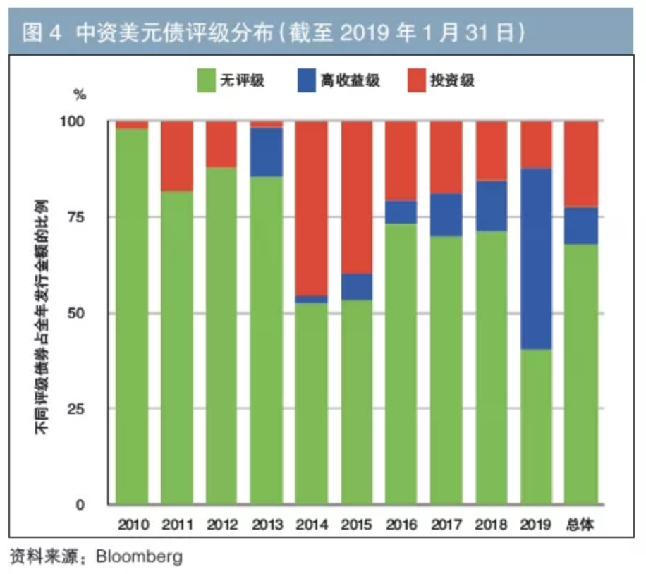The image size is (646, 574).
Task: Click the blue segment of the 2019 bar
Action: click(x=536, y=259)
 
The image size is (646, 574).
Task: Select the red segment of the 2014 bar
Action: click(x=311, y=208)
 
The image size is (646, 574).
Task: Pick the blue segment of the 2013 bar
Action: click(x=267, y=152)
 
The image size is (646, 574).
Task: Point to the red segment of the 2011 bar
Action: click(x=177, y=156)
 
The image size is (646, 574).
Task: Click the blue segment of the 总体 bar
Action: click(x=581, y=226)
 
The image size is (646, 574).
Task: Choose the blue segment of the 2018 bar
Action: click(x=491, y=206)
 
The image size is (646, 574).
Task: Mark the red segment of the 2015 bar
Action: click(x=356, y=197)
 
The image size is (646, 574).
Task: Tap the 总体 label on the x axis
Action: click(x=581, y=525)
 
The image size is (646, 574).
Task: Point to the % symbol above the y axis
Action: click(x=79, y=93)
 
